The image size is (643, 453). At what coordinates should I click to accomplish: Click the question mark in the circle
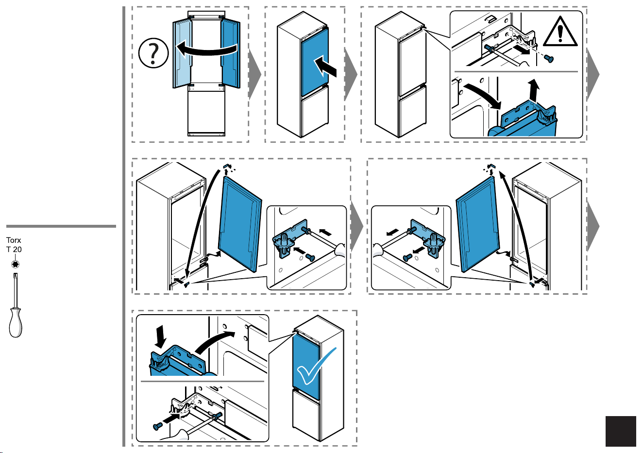coord(153,53)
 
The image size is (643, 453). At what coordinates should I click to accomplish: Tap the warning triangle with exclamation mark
coord(560,32)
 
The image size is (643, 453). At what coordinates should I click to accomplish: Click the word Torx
coord(14,240)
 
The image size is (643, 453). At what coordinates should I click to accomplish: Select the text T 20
coord(14,250)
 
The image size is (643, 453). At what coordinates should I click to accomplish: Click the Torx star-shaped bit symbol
coord(15,264)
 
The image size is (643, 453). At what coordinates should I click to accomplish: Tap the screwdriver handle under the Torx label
coord(16,322)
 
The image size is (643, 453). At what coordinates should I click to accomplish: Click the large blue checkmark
coord(316,366)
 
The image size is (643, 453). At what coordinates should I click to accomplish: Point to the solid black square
coord(621,431)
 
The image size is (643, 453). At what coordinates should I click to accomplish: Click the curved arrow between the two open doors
coord(206,50)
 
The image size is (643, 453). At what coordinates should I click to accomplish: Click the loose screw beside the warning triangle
coord(549,58)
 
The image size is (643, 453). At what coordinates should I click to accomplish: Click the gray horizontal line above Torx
coord(61,226)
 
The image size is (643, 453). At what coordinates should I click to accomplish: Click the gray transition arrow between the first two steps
coord(254,75)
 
